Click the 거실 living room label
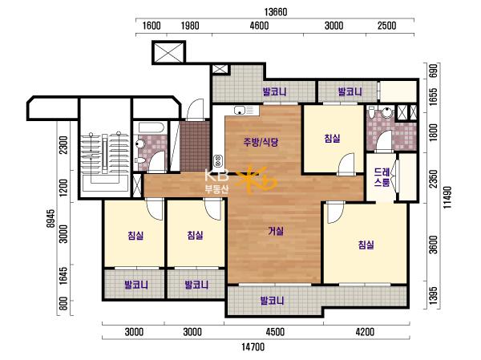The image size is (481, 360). (276, 231)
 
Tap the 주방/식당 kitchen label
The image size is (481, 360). (261, 142)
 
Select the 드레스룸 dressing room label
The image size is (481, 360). (382, 177)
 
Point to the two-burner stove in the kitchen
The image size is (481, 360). (218, 160)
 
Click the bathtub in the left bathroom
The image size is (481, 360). (152, 127)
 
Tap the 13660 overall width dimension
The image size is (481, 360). (276, 12)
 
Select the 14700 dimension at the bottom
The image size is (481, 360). (253, 347)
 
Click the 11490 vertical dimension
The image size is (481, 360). (448, 197)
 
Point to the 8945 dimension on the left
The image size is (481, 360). (51, 218)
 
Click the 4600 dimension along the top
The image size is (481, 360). (259, 26)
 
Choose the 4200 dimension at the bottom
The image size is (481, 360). (365, 332)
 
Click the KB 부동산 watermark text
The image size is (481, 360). (216, 181)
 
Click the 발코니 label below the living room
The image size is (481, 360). (272, 301)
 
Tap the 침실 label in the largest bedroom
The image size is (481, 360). (366, 245)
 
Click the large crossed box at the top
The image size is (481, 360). (168, 52)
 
